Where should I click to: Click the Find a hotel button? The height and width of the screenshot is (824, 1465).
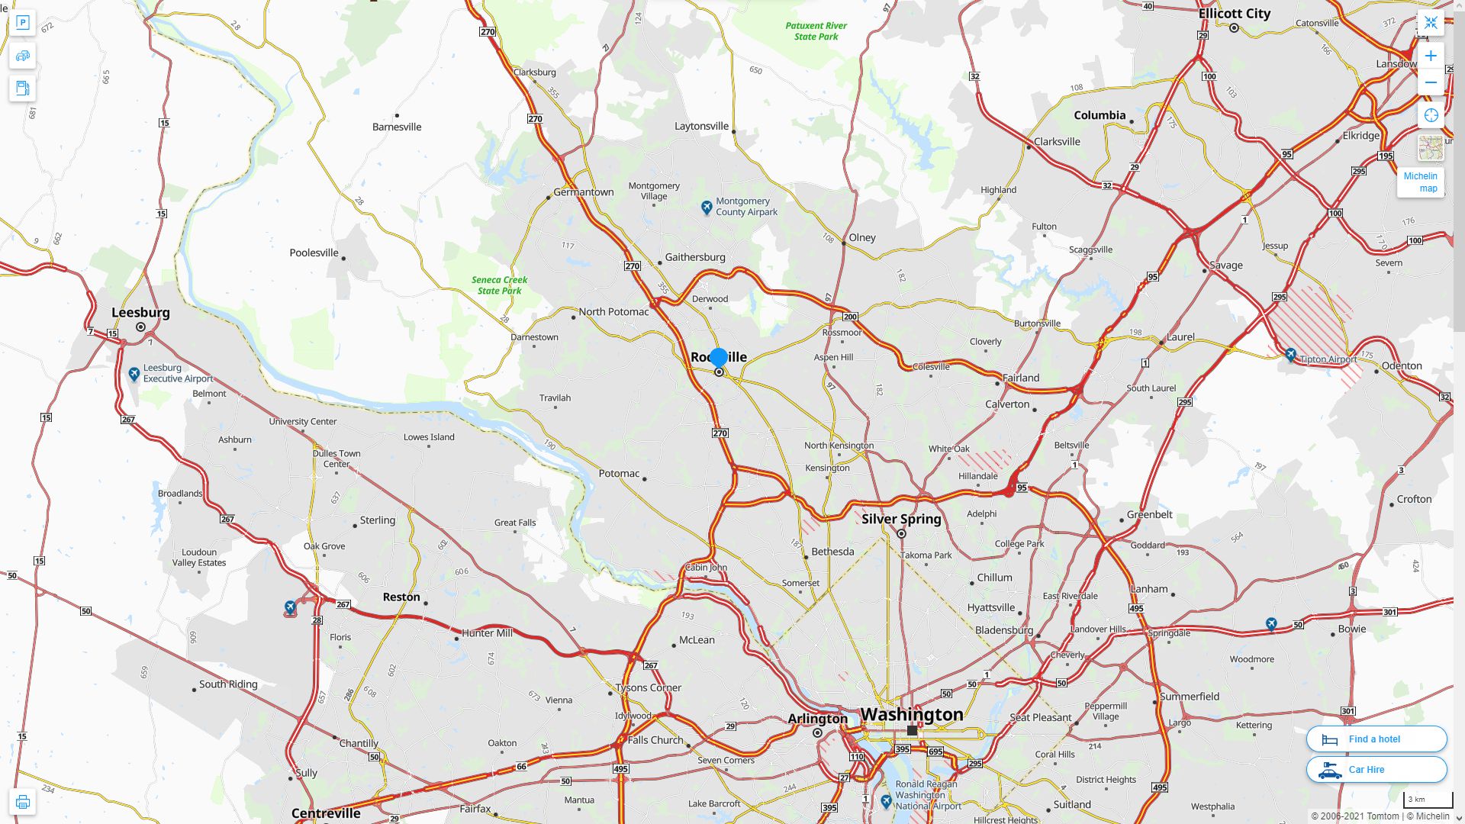click(1376, 739)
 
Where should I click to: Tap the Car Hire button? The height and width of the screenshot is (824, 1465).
click(1376, 769)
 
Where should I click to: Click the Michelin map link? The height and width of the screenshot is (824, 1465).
click(1420, 182)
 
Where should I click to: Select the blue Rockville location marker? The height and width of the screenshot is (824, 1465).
click(718, 357)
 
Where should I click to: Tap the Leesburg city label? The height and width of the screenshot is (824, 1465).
click(140, 312)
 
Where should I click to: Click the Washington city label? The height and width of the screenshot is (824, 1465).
click(912, 714)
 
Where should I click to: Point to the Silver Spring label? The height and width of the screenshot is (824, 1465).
click(901, 519)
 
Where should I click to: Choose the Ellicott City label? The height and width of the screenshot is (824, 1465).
click(1234, 13)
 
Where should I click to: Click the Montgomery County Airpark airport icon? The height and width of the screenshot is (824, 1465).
click(707, 207)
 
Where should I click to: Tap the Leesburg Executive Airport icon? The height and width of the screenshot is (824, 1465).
click(134, 373)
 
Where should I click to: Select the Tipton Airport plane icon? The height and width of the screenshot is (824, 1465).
click(1290, 355)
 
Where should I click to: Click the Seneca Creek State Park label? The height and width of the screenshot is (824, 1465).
click(499, 285)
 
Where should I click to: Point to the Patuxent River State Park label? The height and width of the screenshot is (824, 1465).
click(816, 31)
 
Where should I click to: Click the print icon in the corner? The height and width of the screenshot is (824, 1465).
click(22, 802)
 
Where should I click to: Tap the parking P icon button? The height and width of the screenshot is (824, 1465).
click(22, 23)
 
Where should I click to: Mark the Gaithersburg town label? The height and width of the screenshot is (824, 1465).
click(694, 257)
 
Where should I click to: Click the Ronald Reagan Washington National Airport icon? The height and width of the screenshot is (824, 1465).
click(886, 801)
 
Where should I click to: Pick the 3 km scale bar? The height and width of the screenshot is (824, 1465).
click(1427, 800)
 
